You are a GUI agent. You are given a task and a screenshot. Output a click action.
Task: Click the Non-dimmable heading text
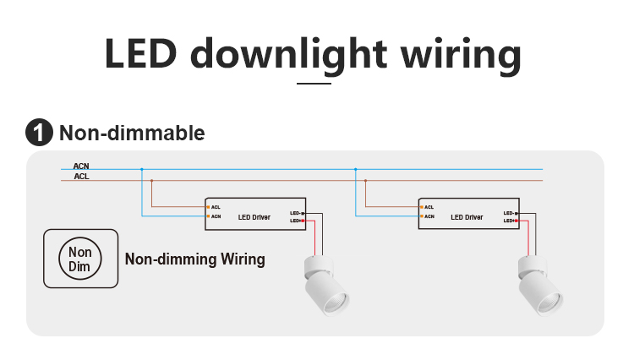(132, 133)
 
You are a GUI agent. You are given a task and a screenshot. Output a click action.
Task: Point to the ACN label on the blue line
(81, 167)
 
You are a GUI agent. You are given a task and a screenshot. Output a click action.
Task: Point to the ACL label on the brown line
(81, 177)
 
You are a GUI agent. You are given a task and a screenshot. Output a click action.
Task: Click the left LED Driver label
(254, 217)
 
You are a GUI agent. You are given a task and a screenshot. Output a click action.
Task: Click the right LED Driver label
(467, 217)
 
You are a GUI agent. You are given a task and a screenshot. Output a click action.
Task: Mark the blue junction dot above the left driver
(142, 170)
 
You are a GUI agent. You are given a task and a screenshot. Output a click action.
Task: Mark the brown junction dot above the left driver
(151, 180)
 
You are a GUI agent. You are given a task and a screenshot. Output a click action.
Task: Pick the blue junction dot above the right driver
(356, 170)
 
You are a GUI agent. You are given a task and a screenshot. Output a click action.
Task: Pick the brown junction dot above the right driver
(365, 180)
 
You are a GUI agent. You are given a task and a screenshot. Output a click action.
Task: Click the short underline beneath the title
(314, 83)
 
